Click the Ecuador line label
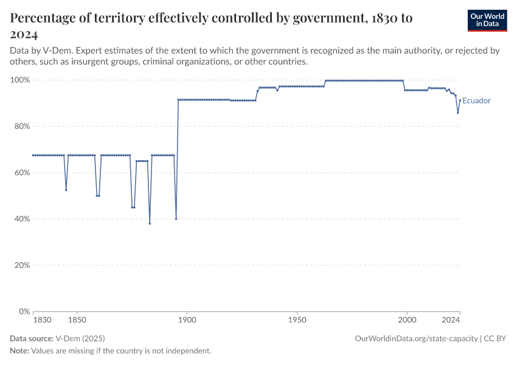[476, 101]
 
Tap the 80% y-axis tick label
[21, 127]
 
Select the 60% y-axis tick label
[21, 173]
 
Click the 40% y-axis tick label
[21, 219]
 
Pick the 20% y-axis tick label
[21, 265]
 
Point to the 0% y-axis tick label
[24, 311]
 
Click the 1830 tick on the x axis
[42, 319]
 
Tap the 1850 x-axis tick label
[77, 319]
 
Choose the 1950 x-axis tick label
[297, 319]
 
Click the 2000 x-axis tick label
[407, 319]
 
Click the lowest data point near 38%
[150, 223]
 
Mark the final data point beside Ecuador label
[460, 100]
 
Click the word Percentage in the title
[46, 18]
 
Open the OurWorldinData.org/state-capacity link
[416, 337]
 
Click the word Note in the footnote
[19, 351]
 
